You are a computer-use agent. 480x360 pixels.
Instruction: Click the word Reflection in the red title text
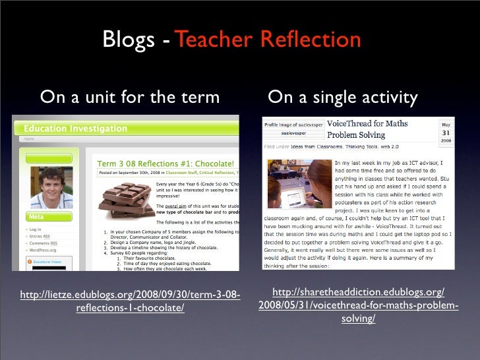coord(310,40)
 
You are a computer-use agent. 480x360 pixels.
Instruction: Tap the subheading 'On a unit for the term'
coord(130,98)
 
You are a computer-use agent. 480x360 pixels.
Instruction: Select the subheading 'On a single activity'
coord(342,98)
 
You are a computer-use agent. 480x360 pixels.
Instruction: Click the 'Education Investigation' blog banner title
coord(75,128)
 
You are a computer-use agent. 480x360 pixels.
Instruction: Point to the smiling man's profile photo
coord(52,187)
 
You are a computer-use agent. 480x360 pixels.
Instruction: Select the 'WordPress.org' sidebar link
coord(44,251)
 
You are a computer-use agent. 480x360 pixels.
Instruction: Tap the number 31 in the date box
coord(446,133)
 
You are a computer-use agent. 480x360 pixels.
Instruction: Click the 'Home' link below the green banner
coord(30,139)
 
